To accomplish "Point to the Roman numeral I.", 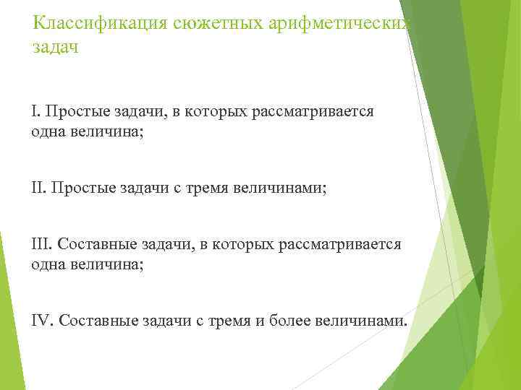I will coord(35,111).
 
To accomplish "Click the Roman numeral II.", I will coord(38,188).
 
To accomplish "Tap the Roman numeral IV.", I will coord(42,321).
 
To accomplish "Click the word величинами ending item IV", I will coord(362,321).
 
